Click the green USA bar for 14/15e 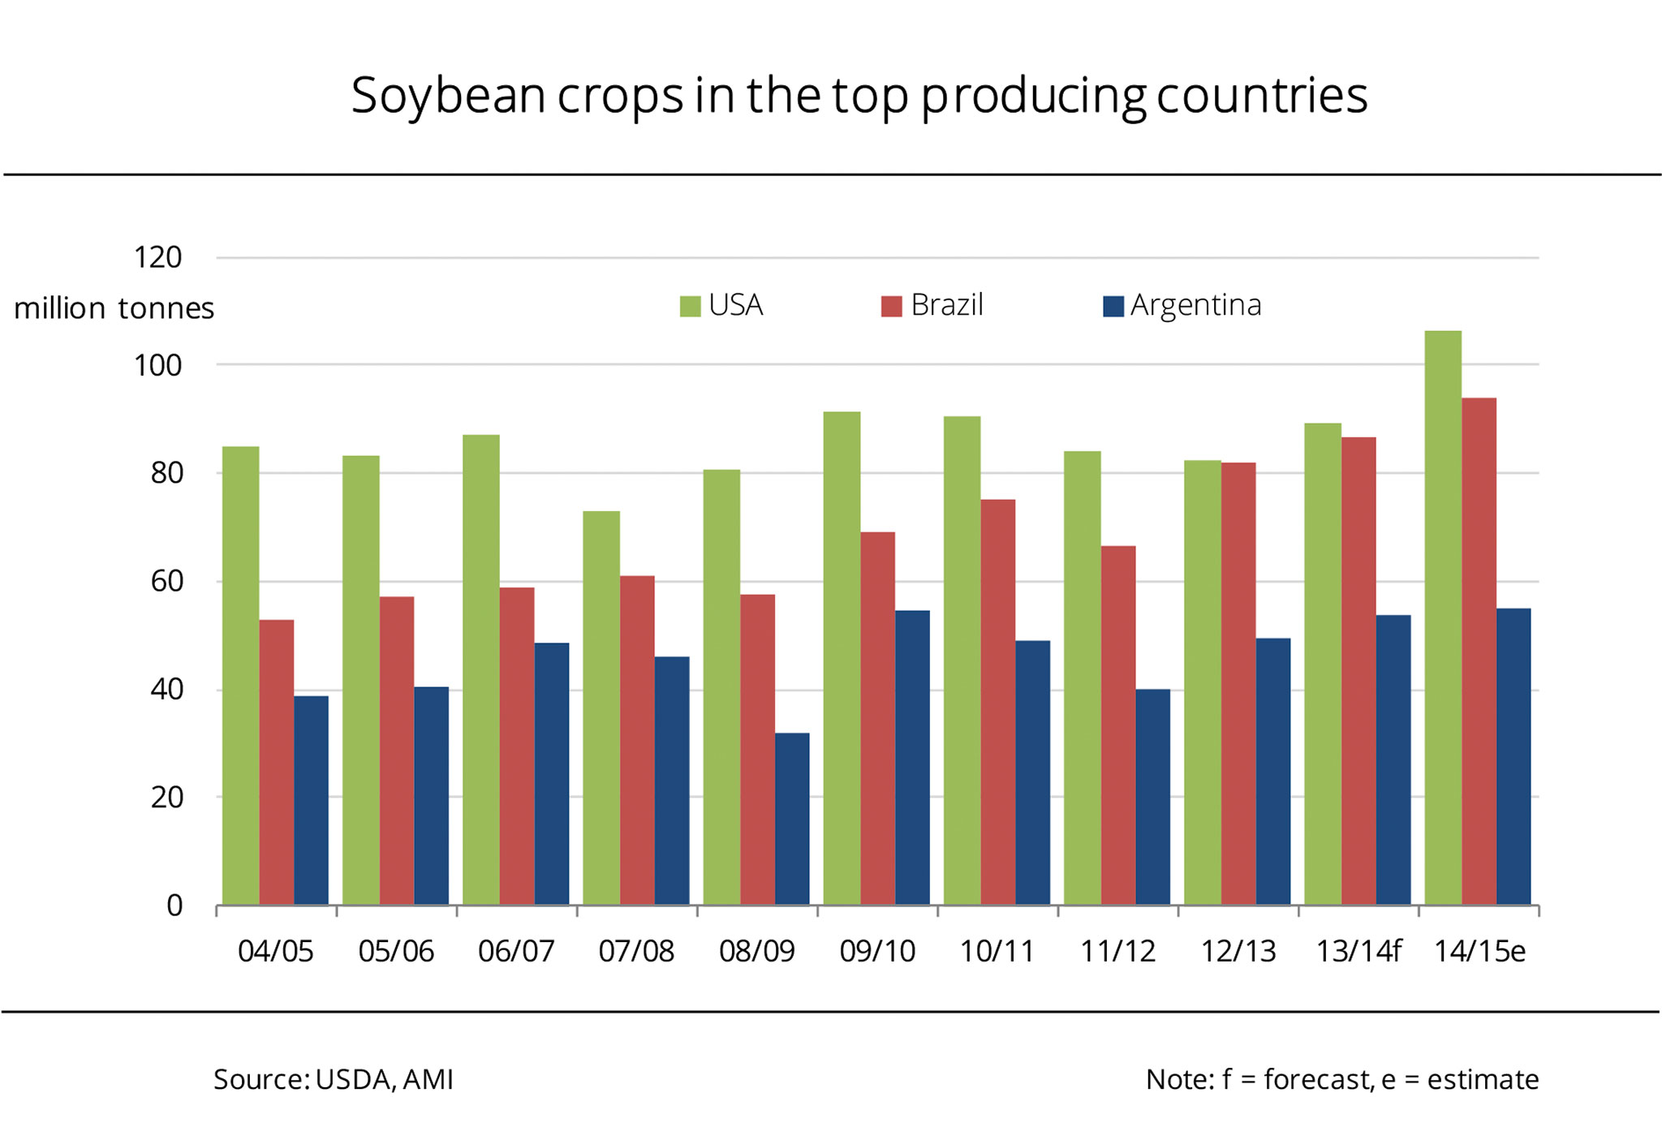1443,617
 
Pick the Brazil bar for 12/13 1238,682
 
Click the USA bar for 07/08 601,707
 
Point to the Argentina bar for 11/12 1152,796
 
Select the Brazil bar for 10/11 998,701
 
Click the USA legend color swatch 690,307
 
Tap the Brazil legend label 946,305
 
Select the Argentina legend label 1195,305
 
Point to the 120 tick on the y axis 157,258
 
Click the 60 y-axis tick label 166,581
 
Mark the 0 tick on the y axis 174,906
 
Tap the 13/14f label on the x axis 1358,951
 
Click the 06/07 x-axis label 516,951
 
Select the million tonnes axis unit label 114,308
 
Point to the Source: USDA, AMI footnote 333,1079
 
